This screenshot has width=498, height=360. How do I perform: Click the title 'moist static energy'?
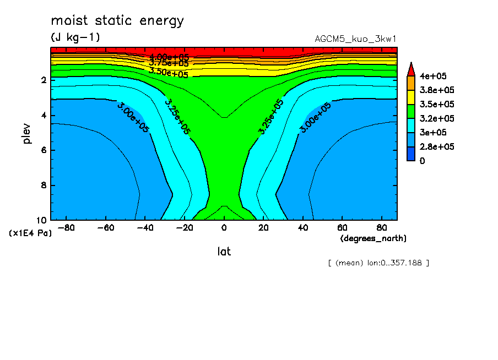coord(117,21)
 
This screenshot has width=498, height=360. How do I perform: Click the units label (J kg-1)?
coord(75,37)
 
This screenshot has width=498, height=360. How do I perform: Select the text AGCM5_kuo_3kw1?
coord(355,39)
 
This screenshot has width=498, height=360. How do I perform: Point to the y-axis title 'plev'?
coord(27,133)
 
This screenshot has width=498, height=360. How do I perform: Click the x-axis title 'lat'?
coord(224,252)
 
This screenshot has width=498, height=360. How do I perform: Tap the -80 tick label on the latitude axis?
coord(66,227)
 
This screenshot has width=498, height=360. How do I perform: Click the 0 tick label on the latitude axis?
coord(224,227)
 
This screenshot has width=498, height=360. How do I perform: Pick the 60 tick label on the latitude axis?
coord(342,227)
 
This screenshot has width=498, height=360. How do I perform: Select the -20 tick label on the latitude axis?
coord(185,227)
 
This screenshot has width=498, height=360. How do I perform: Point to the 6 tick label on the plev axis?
coord(43,150)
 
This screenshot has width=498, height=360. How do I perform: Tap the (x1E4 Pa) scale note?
coord(31,233)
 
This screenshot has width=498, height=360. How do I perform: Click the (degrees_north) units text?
coord(373,238)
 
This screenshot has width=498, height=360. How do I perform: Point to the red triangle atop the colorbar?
coord(410,68)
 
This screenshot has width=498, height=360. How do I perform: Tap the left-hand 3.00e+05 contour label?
coord(132,117)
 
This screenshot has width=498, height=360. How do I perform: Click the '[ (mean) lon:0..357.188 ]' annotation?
coord(378,263)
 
